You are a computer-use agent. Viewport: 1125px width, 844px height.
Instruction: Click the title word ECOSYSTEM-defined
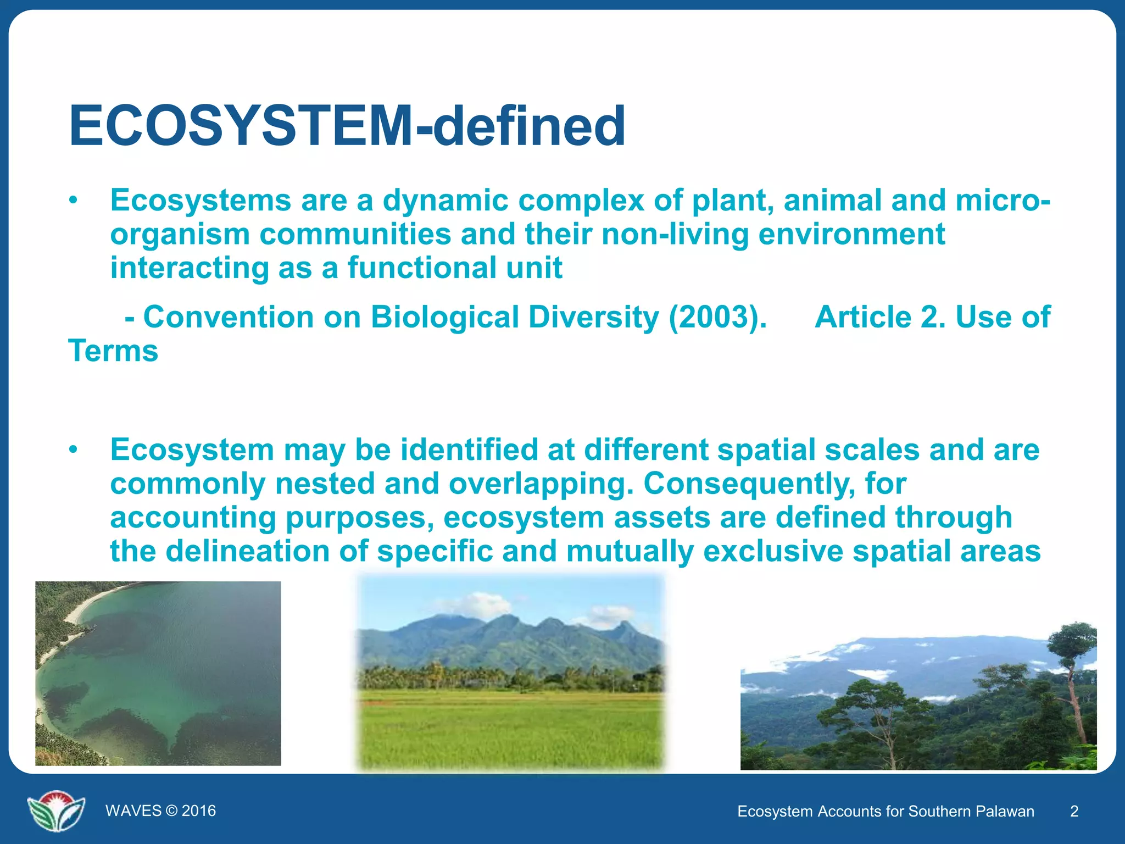click(x=347, y=126)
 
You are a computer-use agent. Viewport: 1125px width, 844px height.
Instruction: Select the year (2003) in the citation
click(x=717, y=318)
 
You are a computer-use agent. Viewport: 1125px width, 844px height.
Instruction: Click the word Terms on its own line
click(x=113, y=351)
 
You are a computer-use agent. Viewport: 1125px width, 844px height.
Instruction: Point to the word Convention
click(x=229, y=318)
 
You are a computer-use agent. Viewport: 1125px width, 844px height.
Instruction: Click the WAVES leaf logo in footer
click(x=56, y=810)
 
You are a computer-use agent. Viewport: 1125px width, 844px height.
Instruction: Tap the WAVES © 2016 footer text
click(x=160, y=811)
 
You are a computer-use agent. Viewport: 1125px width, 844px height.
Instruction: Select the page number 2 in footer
click(x=1074, y=812)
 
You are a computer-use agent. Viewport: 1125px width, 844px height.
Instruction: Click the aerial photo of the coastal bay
click(x=158, y=673)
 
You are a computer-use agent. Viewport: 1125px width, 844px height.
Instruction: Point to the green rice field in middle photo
click(x=511, y=731)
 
